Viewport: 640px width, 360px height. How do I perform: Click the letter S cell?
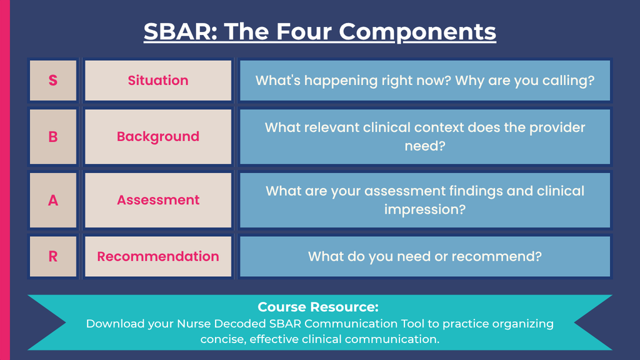pos(53,81)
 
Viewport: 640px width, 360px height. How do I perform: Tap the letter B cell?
pos(53,136)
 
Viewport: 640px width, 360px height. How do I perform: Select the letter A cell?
pos(53,200)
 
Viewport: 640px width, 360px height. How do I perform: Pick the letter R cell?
pos(53,256)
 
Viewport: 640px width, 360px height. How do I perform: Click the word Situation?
pos(158,81)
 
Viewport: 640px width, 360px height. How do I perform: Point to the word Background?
pos(158,137)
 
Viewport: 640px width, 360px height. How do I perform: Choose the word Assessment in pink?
pos(158,200)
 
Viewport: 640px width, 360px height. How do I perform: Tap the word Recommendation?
pos(158,256)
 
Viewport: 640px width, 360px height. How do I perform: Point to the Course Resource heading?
pos(318,307)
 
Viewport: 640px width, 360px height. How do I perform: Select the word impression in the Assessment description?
pos(424,210)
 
